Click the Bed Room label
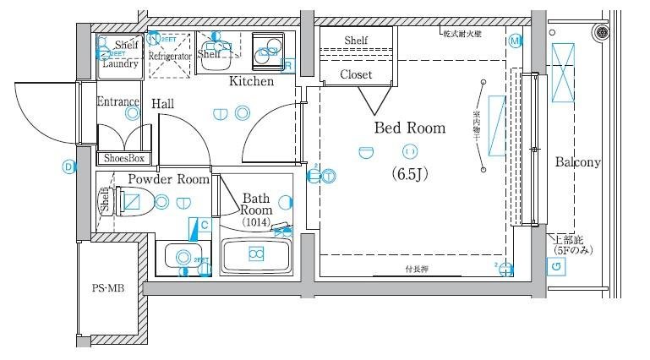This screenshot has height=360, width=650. tap(409, 128)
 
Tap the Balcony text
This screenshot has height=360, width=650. tap(577, 162)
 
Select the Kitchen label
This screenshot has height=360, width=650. tap(251, 82)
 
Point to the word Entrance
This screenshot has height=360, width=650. tap(117, 102)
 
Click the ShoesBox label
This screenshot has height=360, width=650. tap(125, 158)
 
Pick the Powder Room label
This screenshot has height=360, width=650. tap(168, 179)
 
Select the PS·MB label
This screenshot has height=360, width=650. tap(108, 288)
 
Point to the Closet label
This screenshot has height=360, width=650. tap(356, 74)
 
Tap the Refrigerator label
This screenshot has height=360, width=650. tap(171, 57)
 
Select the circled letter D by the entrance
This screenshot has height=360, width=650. tap(68, 166)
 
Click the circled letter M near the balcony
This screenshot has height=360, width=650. tap(515, 41)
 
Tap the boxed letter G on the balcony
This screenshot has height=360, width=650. tap(555, 268)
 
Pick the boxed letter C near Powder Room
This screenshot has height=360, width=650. tap(204, 225)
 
